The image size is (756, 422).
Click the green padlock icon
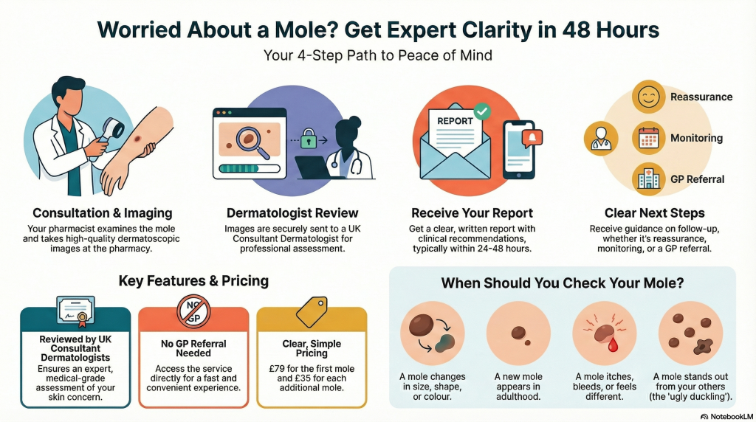coord(309,139)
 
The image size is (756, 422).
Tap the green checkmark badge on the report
coord(481,111)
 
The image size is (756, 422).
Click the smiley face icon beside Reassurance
coord(648,97)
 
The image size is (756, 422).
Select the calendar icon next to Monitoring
coord(648,138)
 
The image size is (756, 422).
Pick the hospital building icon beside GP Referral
coord(648,179)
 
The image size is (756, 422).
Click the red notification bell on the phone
coord(532,138)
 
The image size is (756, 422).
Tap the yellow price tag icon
coord(312,311)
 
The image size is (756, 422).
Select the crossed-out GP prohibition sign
coord(194,311)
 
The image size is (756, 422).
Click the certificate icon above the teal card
coord(76,311)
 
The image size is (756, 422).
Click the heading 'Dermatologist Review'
coord(292,213)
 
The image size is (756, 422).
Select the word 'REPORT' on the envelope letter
coord(455,121)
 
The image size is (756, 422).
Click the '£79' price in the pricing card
coord(278,369)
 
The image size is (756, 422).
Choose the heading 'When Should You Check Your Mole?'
coord(562,283)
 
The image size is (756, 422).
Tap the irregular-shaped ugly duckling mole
coord(704,346)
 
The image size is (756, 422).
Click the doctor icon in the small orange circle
coord(601,138)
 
